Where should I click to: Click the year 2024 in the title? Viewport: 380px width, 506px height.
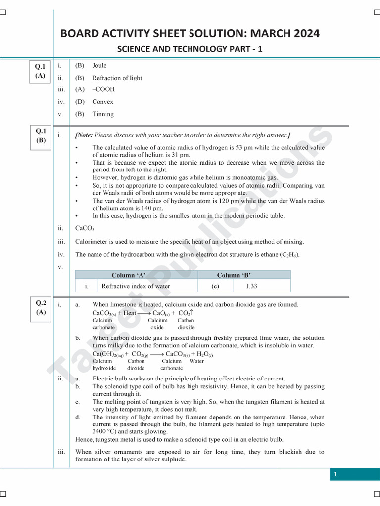(303, 34)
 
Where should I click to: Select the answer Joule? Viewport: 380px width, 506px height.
(99, 65)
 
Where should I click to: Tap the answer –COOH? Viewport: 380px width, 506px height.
(103, 89)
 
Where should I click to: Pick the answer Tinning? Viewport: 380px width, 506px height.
(103, 114)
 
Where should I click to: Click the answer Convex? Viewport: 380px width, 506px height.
(103, 102)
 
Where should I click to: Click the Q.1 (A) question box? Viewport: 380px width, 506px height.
(40, 71)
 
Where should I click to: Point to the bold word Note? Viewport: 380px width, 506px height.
(85, 135)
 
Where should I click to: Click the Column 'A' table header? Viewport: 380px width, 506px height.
(130, 275)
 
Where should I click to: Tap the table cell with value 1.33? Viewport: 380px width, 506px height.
(252, 286)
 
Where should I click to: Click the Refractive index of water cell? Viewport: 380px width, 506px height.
(136, 286)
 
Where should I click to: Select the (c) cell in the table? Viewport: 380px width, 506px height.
(215, 286)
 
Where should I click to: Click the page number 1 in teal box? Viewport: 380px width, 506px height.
(335, 475)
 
